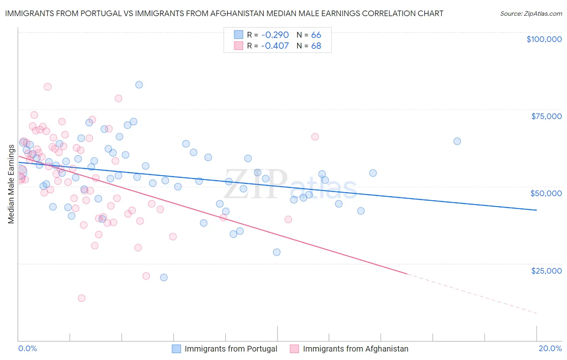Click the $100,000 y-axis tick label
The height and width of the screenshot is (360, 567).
coord(544,39)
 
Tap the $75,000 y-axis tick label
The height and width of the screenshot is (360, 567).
coord(546,116)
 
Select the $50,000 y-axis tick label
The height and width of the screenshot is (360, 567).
coord(546,193)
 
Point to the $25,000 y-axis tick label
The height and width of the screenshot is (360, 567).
coord(546,271)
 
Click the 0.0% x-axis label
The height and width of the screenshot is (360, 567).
coord(27,348)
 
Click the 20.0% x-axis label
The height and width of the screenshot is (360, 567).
coord(550,348)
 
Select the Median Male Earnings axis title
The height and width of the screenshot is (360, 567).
coord(11,184)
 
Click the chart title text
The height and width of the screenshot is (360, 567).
coord(224,13)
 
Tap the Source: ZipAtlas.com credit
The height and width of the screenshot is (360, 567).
coord(531,13)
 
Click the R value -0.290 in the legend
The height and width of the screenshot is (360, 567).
coord(275,35)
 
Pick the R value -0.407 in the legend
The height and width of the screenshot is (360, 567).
coord(275,46)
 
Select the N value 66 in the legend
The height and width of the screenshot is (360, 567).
coord(316,35)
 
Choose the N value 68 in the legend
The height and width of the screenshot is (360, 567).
coord(316,46)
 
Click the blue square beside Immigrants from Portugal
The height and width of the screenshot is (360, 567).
coord(176,349)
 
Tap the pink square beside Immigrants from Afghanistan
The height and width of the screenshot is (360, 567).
coord(294,349)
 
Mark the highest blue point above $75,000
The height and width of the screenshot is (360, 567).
coord(139,85)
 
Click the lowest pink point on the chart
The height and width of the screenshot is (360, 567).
coord(81,298)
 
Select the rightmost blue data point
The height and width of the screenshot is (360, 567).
coord(457,141)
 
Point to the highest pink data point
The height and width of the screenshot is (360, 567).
coord(48,87)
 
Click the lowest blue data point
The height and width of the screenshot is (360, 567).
coord(164,277)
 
